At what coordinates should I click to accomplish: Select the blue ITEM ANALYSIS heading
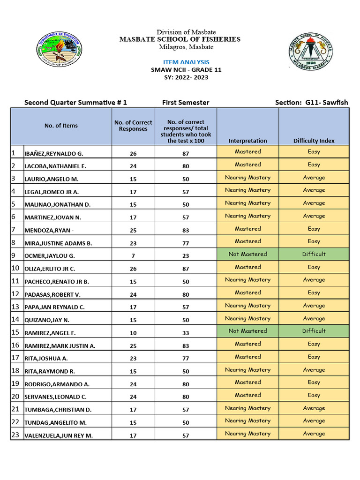click(186, 62)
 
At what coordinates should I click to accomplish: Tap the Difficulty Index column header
click(314, 141)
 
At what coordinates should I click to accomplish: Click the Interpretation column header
click(247, 141)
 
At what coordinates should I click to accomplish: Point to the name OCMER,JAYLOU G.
click(50, 256)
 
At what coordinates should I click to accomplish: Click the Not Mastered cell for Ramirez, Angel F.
click(247, 331)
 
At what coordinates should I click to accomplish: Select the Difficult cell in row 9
click(314, 254)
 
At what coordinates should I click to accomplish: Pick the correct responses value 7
click(133, 256)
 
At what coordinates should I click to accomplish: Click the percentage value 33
click(186, 333)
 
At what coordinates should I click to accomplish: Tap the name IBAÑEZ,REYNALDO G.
click(54, 154)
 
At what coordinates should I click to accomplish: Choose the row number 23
click(15, 435)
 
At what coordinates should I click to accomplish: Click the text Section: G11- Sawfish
click(311, 103)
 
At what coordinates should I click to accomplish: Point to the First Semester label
click(186, 103)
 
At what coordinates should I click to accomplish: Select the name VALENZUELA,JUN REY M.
click(59, 435)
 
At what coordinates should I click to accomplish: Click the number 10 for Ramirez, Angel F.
click(133, 333)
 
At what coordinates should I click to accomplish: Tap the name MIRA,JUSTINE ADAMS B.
click(58, 243)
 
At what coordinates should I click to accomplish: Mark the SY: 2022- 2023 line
click(186, 77)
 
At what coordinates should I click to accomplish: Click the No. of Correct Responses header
click(133, 126)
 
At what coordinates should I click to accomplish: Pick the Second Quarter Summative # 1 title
click(75, 103)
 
